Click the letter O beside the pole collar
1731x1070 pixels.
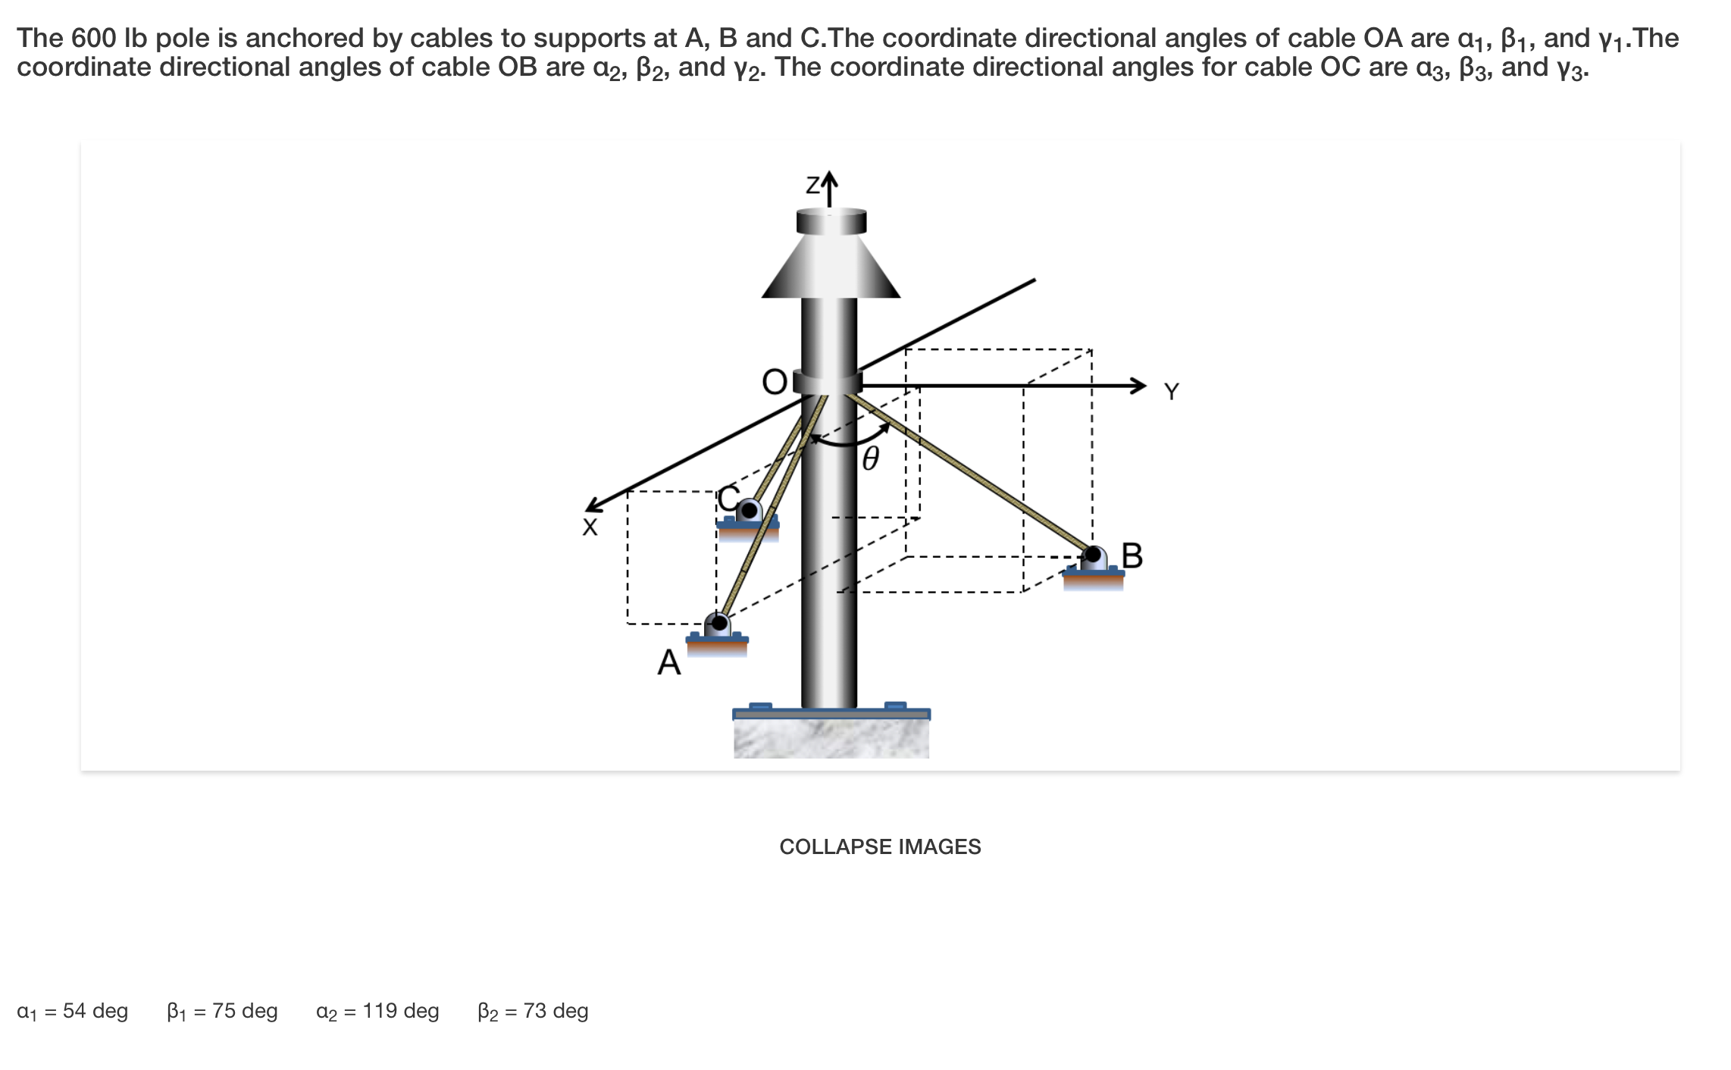click(775, 382)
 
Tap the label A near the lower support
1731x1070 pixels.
click(669, 662)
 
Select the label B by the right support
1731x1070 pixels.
click(1132, 555)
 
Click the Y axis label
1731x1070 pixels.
click(1172, 392)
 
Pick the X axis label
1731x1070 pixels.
click(590, 527)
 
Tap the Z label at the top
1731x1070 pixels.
click(812, 185)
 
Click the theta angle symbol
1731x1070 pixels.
click(871, 458)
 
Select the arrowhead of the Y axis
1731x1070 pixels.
click(1138, 386)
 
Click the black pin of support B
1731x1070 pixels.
click(1093, 555)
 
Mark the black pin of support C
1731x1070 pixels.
click(749, 511)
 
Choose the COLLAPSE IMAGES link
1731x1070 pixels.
click(880, 846)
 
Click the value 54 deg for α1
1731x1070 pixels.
click(95, 1011)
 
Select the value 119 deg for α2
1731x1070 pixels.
click(401, 1011)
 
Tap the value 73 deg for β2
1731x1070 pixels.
click(556, 1011)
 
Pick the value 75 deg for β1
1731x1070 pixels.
click(245, 1011)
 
